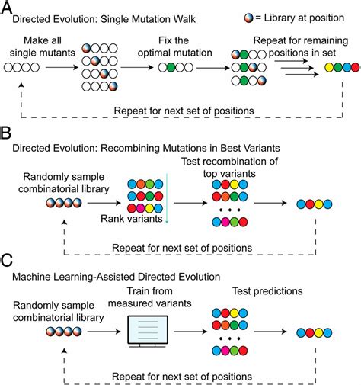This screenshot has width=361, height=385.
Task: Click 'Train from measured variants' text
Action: pos(150,297)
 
